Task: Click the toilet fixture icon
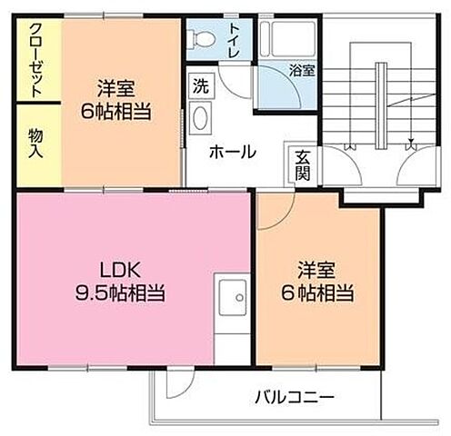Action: [x=204, y=39]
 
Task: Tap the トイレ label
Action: [x=235, y=35]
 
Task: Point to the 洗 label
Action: [x=200, y=88]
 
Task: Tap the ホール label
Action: [x=232, y=152]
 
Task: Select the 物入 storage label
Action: [x=35, y=144]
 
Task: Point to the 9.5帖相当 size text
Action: [x=120, y=293]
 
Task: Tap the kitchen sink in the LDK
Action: [x=233, y=298]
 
